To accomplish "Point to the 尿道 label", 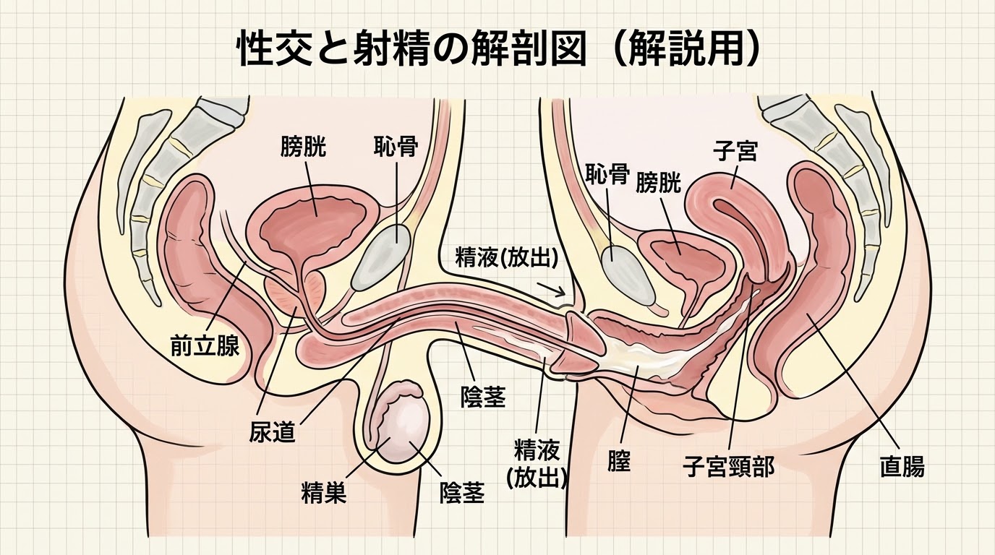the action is (x=272, y=431).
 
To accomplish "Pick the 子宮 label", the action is (x=735, y=152).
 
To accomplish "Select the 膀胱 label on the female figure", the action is (x=658, y=183).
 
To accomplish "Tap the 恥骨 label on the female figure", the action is (x=607, y=173).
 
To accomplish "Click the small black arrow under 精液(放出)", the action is (x=551, y=289).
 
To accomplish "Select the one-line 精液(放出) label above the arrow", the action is (x=506, y=257).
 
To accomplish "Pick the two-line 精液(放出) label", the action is (x=537, y=463).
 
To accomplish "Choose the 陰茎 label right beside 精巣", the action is (x=462, y=492).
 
